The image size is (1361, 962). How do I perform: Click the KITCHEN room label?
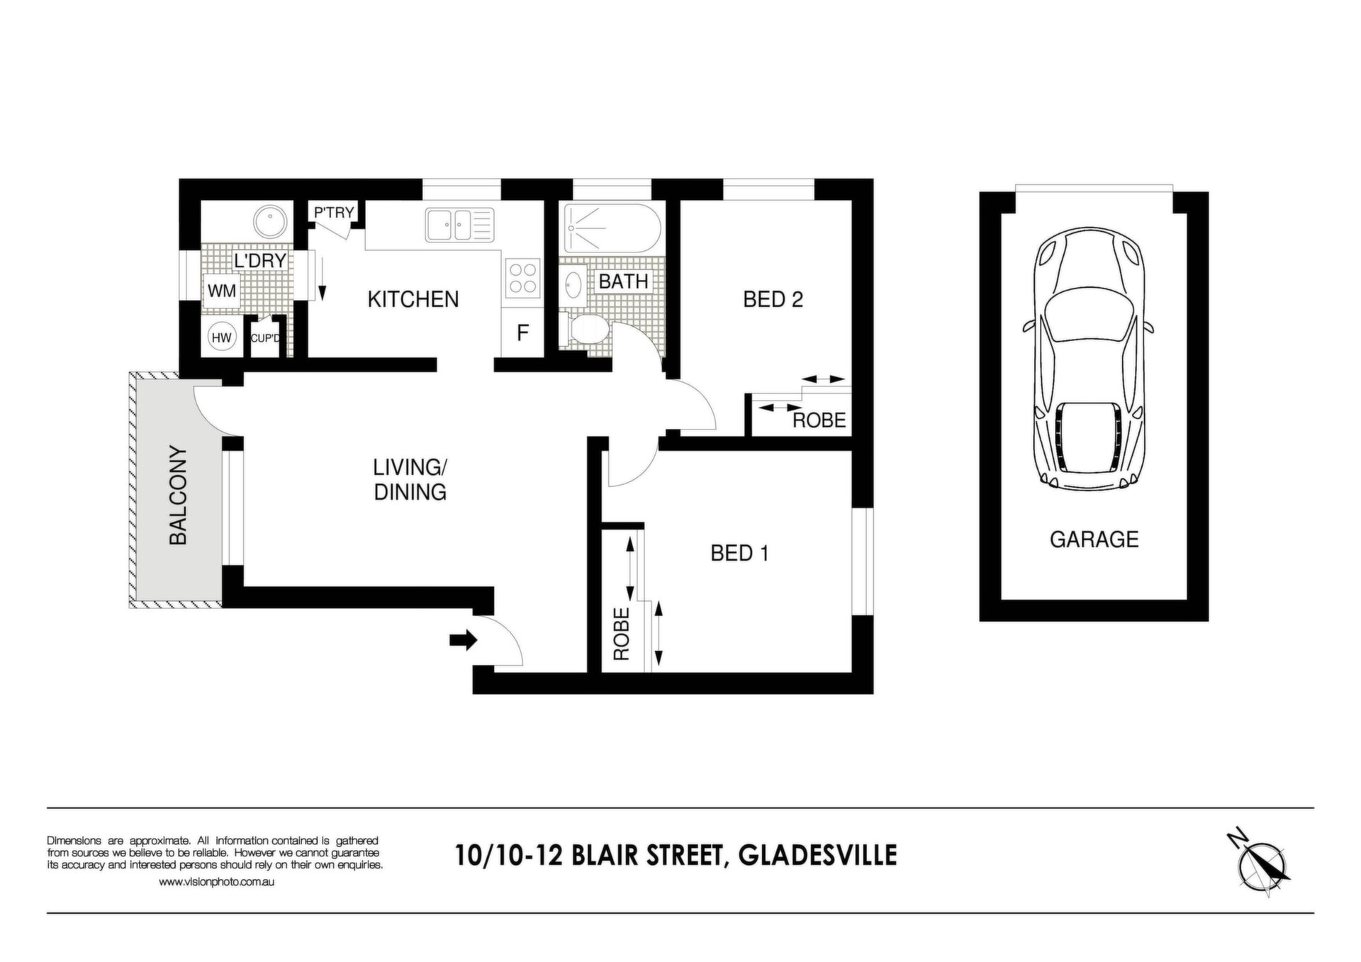click(413, 299)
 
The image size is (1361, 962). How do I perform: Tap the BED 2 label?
click(773, 299)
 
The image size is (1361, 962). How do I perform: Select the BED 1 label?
click(739, 553)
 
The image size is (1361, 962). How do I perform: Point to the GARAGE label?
click(1094, 539)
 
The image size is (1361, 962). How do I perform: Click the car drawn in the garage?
click(1088, 359)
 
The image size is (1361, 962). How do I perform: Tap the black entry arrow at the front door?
click(464, 641)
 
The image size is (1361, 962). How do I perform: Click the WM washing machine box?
click(222, 291)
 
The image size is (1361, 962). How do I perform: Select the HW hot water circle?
click(222, 338)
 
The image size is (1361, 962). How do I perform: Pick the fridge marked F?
click(522, 332)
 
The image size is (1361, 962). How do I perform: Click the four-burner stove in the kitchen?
click(522, 277)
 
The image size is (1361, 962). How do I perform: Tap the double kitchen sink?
click(459, 225)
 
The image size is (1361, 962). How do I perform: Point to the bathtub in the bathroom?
click(612, 228)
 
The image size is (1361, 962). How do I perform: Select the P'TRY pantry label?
click(334, 212)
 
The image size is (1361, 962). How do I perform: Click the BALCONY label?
click(178, 495)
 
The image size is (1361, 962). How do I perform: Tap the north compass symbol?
click(1262, 866)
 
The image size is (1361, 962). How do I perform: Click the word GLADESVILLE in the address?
click(817, 855)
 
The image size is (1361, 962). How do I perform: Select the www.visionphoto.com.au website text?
click(216, 883)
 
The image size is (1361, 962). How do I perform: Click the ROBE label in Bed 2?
click(819, 420)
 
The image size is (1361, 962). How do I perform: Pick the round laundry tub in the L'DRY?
click(270, 223)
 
